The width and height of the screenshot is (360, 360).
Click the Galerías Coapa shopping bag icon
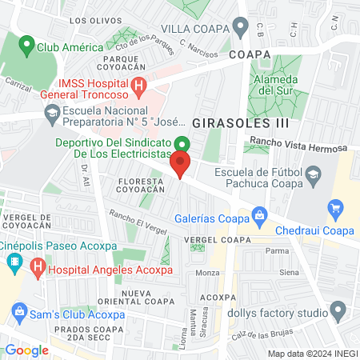(259, 214)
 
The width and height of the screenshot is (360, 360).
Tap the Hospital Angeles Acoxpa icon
(36, 270)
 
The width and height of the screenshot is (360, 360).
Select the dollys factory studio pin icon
(338, 310)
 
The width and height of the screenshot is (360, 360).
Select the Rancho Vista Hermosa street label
(298, 146)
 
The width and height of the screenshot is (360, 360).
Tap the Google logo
(26, 350)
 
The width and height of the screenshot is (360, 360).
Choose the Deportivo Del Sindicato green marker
(182, 145)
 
